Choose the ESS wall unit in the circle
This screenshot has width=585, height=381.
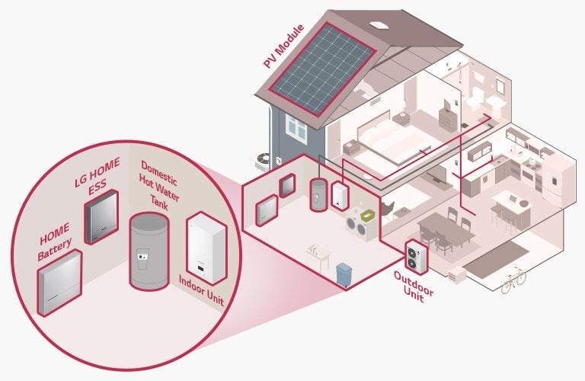click(x=101, y=216)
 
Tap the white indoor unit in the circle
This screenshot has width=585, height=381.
click(x=206, y=243)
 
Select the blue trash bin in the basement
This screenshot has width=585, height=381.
click(x=344, y=271)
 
